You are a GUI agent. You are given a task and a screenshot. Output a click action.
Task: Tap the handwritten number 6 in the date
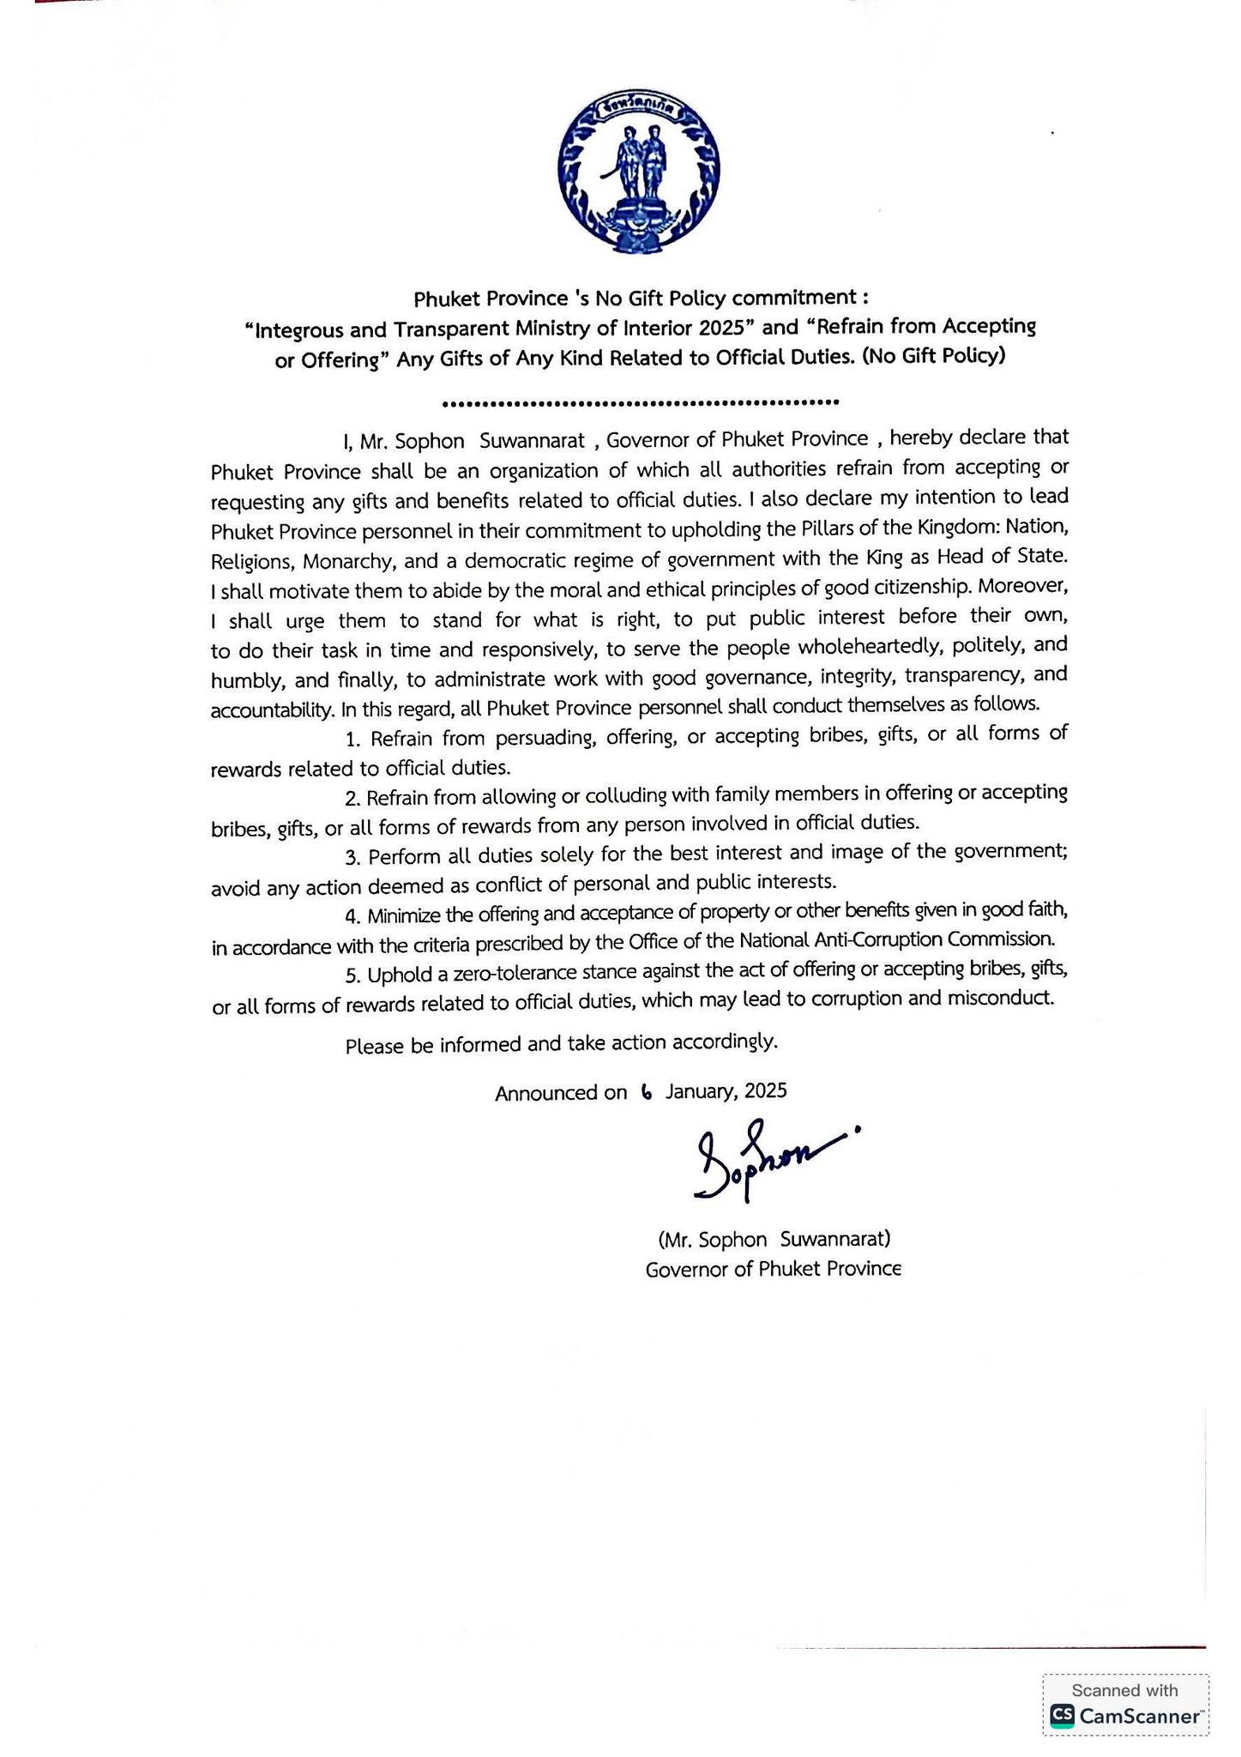tap(646, 1092)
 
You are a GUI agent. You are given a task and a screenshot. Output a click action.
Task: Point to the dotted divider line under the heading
tap(639, 402)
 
